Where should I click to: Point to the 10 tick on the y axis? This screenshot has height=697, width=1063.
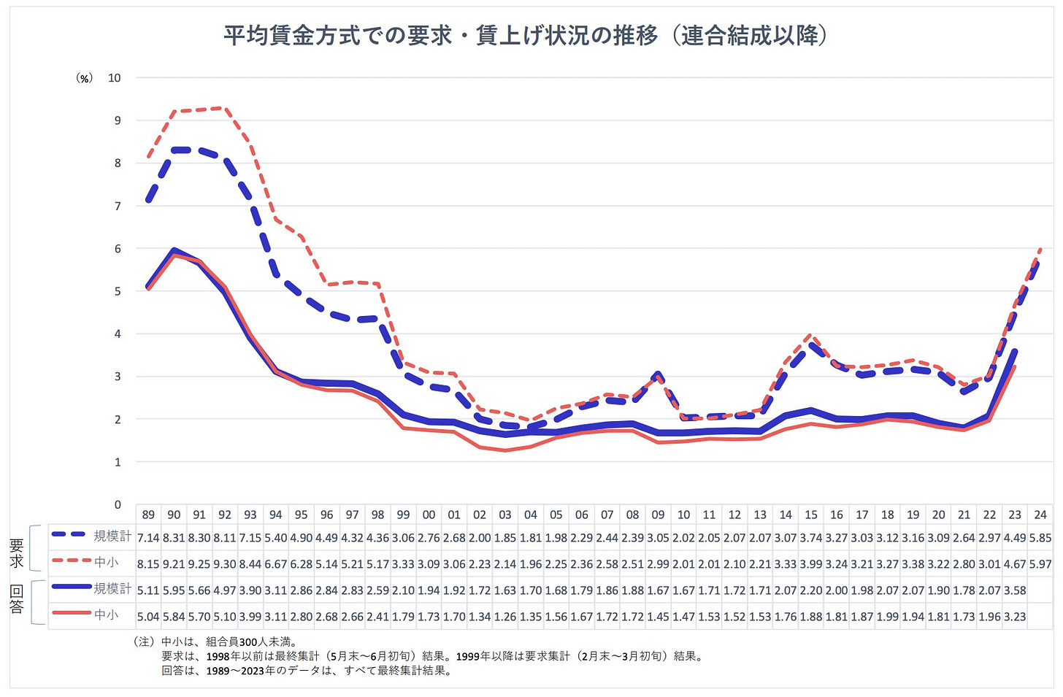tap(115, 77)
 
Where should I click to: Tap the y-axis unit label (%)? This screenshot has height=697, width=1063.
tap(85, 78)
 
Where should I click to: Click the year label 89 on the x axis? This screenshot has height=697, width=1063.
tap(148, 515)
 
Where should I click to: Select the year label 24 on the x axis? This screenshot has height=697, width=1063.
tap(1040, 515)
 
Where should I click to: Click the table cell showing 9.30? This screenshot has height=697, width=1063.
tap(225, 564)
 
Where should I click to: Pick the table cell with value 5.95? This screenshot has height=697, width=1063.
tap(174, 590)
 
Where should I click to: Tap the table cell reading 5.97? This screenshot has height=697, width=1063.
tap(1040, 564)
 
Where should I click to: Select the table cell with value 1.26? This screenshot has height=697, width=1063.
tap(505, 617)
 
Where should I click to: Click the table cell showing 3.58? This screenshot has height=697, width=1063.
tap(1015, 590)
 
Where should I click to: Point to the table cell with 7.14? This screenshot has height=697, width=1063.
tap(148, 538)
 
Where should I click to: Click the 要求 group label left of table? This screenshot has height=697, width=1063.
tap(16, 552)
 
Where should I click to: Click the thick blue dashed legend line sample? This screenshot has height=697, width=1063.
tap(71, 536)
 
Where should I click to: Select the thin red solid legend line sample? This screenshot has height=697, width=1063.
tap(71, 615)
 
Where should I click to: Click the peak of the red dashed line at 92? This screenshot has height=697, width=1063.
tap(225, 108)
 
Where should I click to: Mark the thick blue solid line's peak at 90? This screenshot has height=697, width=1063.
tap(174, 250)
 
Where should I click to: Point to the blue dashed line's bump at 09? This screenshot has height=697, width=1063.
tap(658, 375)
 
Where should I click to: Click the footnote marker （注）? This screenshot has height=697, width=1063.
tap(144, 642)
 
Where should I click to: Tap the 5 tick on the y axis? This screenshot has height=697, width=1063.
tap(118, 291)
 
